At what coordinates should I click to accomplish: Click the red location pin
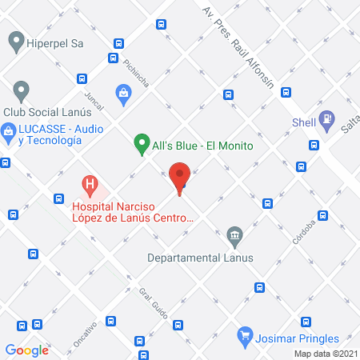pos(181,177)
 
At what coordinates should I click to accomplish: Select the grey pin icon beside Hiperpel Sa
pos(14,39)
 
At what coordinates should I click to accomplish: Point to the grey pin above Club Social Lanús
pos(21,90)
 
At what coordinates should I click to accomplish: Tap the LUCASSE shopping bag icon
pos(9,131)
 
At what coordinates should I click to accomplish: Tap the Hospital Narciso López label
pos(132,210)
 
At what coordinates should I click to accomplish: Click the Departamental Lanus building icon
pos(234,235)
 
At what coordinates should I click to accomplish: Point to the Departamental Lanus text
pos(200,258)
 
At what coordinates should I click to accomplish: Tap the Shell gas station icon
pos(326,120)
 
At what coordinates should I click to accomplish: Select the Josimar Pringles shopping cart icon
pos(246,336)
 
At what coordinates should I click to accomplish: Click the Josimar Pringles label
pos(298,338)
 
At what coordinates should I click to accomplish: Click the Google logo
pos(27,349)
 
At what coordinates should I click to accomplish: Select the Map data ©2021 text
pos(325,354)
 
